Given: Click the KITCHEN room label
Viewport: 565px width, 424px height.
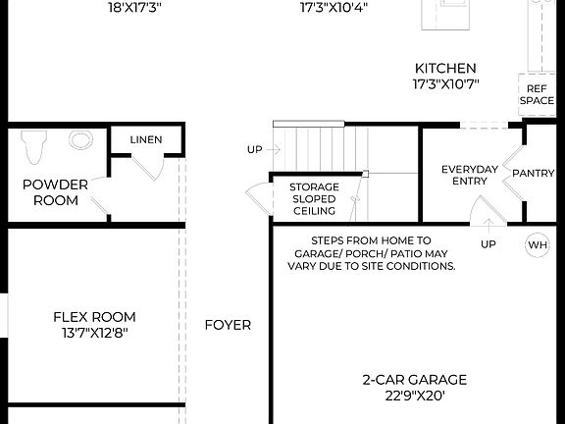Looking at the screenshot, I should click(445, 68).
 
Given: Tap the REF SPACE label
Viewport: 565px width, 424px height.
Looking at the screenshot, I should click(537, 94).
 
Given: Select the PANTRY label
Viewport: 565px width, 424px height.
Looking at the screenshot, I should click(533, 173).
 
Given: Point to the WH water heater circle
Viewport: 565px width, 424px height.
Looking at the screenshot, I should click(538, 244).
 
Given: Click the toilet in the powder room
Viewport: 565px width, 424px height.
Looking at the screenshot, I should click(34, 144).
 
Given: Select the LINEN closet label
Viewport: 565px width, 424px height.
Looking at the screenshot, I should click(146, 140).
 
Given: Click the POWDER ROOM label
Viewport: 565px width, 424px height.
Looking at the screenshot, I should click(55, 191).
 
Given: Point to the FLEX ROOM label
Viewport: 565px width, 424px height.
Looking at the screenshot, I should click(94, 317).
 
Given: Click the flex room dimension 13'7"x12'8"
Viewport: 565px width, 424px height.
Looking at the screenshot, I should click(94, 333).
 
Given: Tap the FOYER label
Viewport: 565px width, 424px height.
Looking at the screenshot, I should click(228, 325).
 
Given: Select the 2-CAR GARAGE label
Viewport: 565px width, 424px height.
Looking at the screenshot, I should click(414, 380).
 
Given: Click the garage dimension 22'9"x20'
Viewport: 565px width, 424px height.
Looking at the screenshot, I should click(414, 396).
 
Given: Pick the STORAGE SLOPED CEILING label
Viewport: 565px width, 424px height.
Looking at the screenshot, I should click(314, 198).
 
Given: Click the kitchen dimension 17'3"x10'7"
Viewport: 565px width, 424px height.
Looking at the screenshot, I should click(445, 83).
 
